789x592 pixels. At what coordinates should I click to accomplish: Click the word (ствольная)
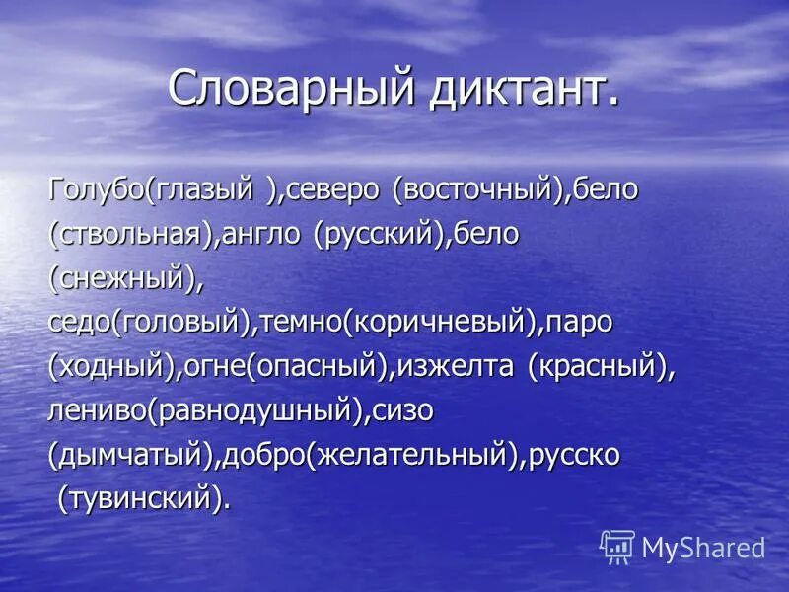point(128,236)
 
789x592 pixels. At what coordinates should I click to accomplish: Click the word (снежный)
point(123,279)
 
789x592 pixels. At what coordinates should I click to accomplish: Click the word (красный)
point(598,367)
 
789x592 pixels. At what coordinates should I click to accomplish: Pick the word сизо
point(403,410)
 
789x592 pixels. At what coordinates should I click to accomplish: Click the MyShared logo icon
point(617,547)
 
